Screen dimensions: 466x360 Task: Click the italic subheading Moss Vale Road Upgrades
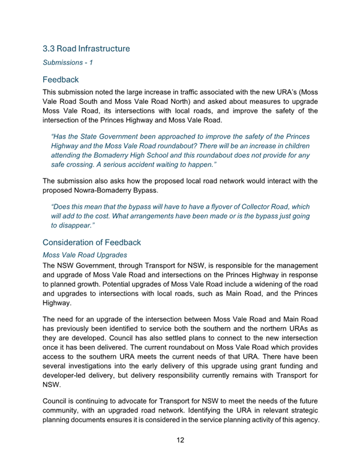[x=83, y=255]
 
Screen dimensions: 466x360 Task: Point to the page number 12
[x=180, y=440]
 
